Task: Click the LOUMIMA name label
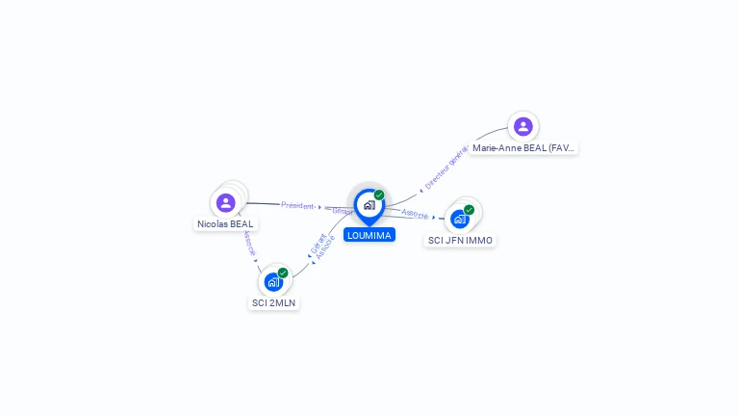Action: tap(369, 235)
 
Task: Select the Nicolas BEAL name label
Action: tap(225, 224)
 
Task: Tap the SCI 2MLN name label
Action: tap(274, 302)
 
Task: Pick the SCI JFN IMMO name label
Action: tap(460, 240)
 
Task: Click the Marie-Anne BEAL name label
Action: tap(523, 148)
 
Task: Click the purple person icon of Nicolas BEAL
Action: tap(226, 202)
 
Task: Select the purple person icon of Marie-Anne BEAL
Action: tap(522, 126)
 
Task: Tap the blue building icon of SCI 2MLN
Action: tap(273, 282)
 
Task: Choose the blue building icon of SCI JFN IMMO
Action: tap(460, 219)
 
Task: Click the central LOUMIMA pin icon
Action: tap(369, 205)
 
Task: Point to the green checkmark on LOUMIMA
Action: tap(379, 195)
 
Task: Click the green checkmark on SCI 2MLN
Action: tap(283, 273)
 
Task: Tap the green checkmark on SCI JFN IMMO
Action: tap(469, 210)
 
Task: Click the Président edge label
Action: tap(297, 205)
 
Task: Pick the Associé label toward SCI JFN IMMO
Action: tap(415, 214)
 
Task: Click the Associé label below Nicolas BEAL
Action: tap(249, 243)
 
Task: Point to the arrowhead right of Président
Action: tap(319, 207)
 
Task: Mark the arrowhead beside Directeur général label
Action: tap(421, 190)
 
